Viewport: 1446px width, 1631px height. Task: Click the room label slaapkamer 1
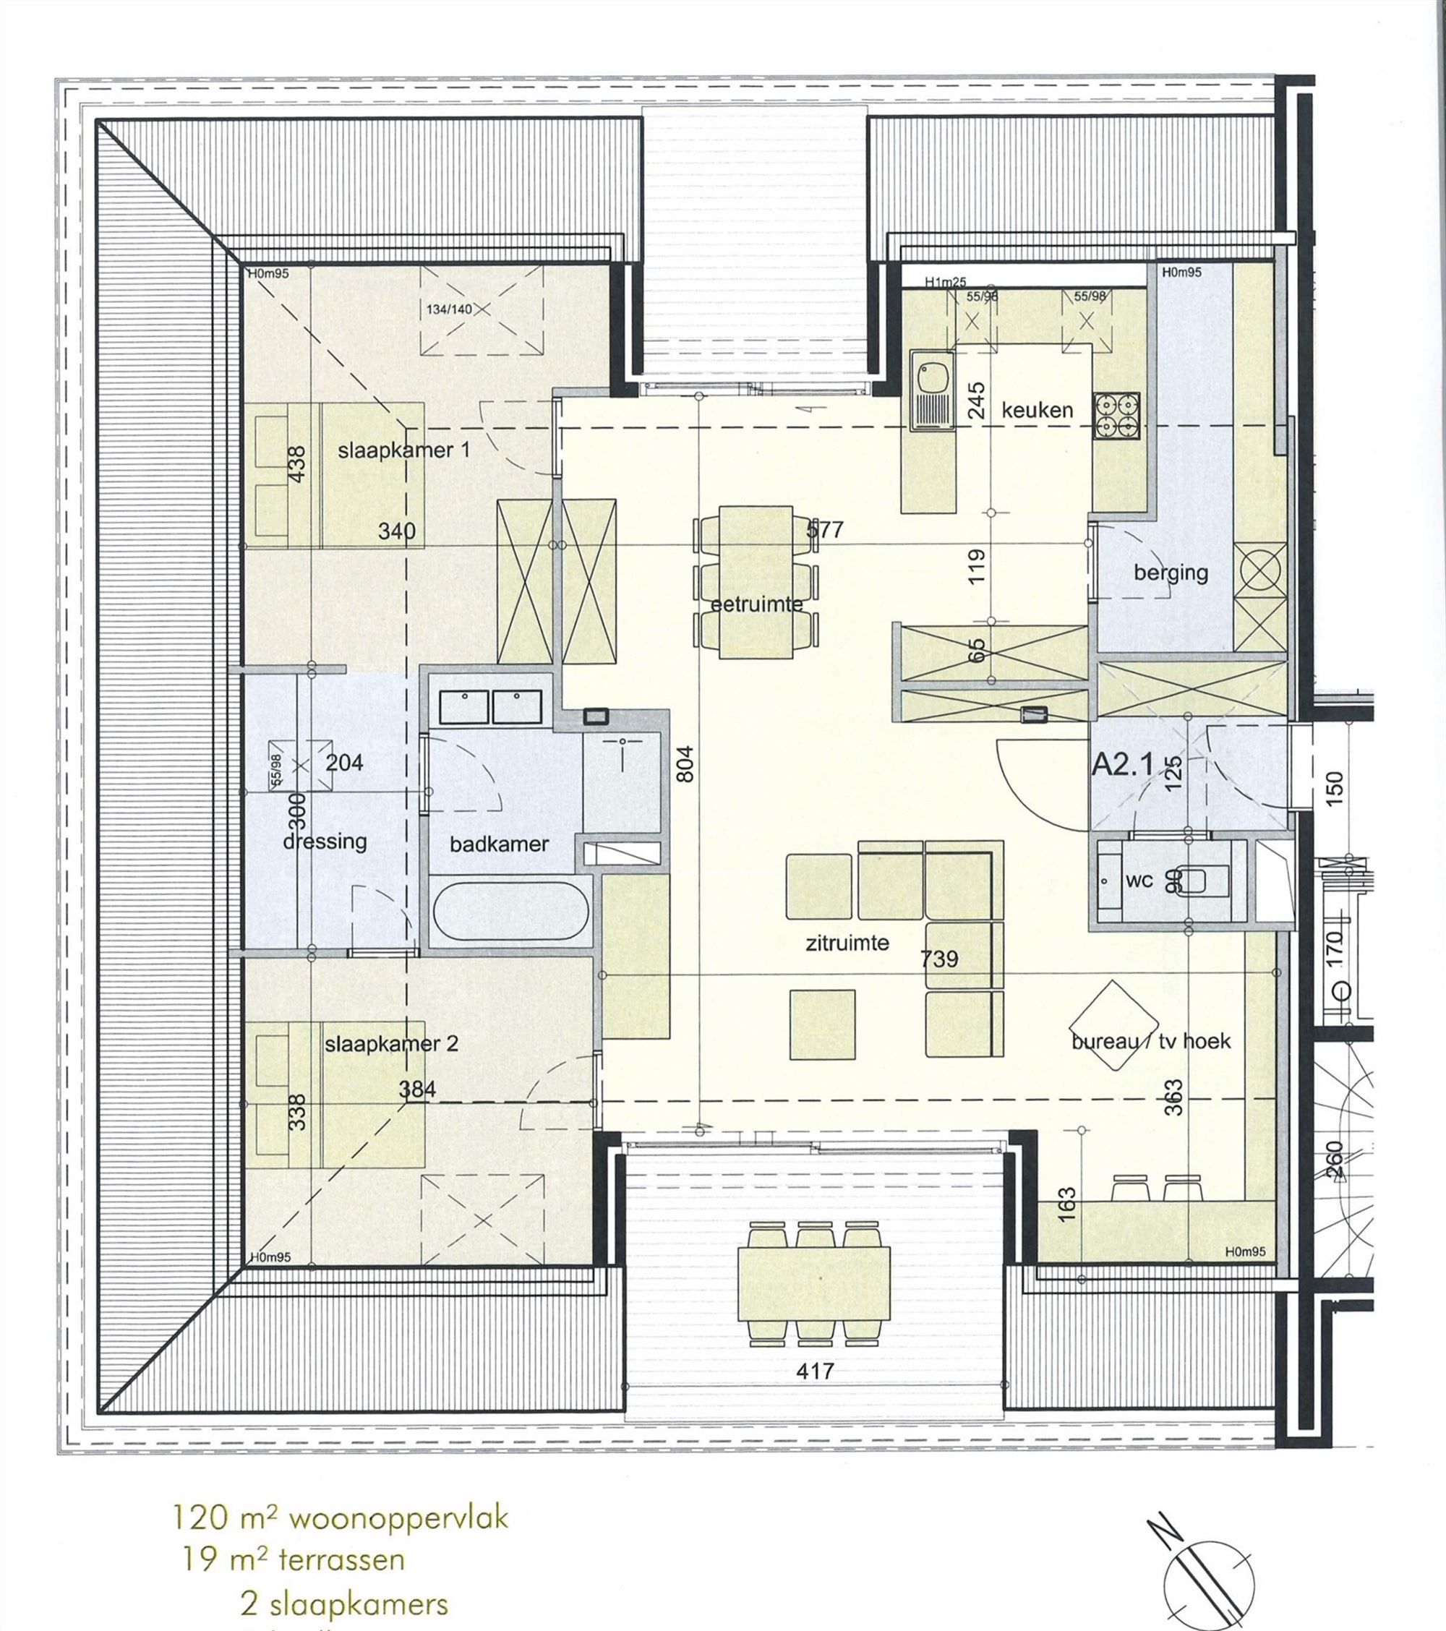403,450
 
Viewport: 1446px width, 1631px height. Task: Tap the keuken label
1037,410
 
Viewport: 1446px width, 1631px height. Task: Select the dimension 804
684,763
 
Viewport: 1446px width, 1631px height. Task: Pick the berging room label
1171,572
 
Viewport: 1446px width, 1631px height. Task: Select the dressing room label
325,841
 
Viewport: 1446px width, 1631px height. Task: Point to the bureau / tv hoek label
1151,1040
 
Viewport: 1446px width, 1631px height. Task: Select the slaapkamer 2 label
391,1044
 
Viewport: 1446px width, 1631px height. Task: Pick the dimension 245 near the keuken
975,401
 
